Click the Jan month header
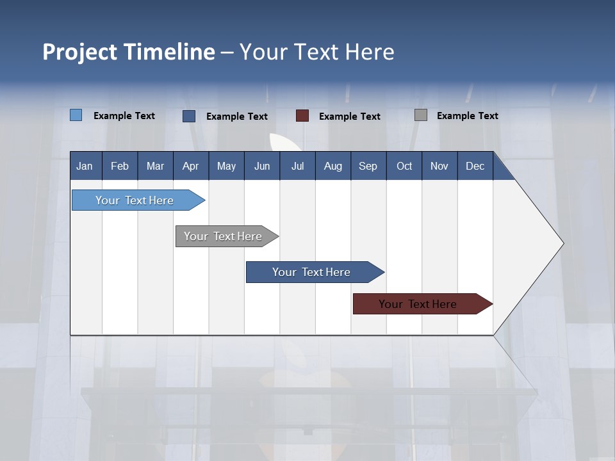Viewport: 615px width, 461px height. [85, 166]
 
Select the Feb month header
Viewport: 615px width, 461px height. [120, 166]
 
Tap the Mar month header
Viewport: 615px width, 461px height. [155, 166]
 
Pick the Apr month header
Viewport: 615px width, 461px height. [190, 166]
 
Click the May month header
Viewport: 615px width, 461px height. [226, 166]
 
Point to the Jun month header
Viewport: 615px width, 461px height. [262, 166]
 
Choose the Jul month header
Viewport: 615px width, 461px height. [297, 166]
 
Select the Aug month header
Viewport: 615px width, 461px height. [332, 166]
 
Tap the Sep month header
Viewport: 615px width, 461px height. [368, 166]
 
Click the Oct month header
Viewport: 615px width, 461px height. [404, 166]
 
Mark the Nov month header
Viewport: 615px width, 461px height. [439, 166]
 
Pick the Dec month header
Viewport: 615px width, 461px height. [475, 166]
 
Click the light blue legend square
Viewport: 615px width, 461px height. [76, 115]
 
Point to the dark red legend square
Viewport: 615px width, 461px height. [302, 115]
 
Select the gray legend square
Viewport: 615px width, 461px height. [421, 115]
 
